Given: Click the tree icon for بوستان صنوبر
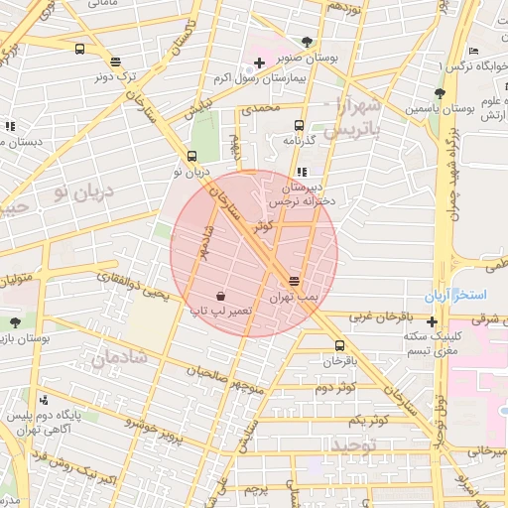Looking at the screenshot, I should [306, 42].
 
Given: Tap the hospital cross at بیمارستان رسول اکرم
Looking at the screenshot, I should [260, 63].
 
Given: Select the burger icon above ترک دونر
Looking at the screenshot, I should [116, 61].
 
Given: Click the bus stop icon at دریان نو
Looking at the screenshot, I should [191, 156].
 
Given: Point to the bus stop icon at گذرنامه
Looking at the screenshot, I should [299, 125].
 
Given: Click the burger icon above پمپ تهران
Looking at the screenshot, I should [295, 282].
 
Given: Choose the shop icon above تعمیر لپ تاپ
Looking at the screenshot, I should [219, 296].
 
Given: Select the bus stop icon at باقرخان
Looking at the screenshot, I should [340, 345].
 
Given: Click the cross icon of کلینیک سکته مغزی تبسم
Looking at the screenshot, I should [432, 321].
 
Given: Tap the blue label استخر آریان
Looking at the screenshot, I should [455, 296].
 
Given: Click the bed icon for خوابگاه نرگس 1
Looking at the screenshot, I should [473, 51].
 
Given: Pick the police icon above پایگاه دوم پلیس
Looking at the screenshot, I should [43, 399].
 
